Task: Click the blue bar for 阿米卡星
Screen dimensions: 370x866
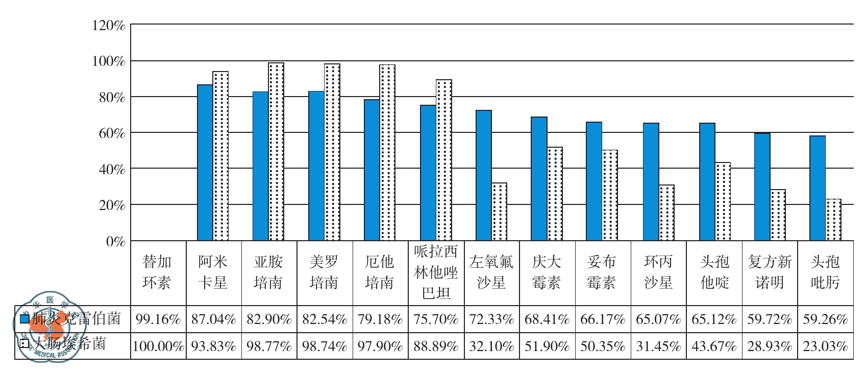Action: tap(205, 163)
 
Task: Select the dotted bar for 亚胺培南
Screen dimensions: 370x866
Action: tap(276, 152)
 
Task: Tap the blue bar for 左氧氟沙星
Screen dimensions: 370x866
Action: tap(483, 175)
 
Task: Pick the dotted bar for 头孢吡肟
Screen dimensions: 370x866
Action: tap(833, 220)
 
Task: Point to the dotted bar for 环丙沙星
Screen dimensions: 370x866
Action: tap(666, 213)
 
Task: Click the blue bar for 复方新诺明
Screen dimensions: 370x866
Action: tap(762, 187)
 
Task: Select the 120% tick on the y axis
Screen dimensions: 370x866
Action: tap(108, 26)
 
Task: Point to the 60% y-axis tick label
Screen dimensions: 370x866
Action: tap(112, 133)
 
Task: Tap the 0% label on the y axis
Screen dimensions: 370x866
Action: tap(115, 241)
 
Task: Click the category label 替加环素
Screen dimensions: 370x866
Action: tap(157, 272)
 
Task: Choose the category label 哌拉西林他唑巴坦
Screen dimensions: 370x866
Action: tap(436, 272)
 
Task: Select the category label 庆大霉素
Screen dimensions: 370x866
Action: tap(547, 272)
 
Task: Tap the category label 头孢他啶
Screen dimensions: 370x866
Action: tap(714, 272)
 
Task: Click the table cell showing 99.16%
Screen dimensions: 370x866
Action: tap(158, 319)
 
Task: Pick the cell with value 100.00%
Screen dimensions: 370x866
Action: tap(158, 346)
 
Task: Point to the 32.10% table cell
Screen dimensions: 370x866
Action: tap(491, 346)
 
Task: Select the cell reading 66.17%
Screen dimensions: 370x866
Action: tap(603, 319)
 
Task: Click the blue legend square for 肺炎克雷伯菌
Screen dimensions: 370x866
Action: tap(24, 319)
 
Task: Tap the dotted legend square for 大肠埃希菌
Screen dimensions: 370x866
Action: tap(24, 343)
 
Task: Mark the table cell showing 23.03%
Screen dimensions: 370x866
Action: tap(825, 346)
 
